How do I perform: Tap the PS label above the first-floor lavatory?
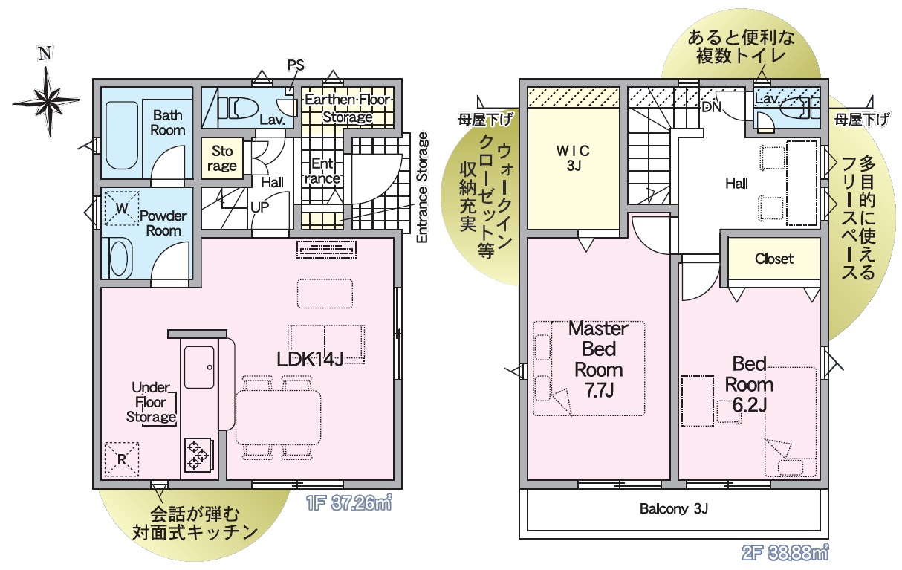[296, 65]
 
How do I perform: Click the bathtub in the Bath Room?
[122, 135]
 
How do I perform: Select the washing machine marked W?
[122, 208]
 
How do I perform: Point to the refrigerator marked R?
[122, 459]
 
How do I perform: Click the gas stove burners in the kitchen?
[198, 454]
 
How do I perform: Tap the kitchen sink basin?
[199, 367]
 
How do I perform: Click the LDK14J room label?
[310, 359]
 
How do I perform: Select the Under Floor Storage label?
[151, 402]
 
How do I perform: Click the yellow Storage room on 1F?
[222, 158]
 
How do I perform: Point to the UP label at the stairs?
[260, 207]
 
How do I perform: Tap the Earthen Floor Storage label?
[348, 108]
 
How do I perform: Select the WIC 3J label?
[573, 158]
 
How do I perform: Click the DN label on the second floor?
[712, 107]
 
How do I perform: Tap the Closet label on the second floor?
[774, 259]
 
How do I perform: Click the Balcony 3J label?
[674, 509]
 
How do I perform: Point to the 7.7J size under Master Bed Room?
[600, 390]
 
